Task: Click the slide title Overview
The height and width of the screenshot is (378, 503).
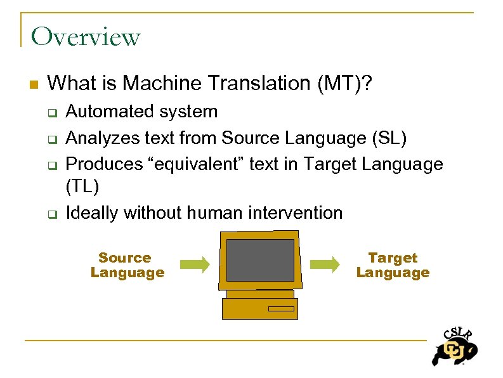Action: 85,37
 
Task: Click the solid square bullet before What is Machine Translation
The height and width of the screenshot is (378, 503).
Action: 34,84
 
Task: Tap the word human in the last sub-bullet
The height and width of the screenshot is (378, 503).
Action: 214,213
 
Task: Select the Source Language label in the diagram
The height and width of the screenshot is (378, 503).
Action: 127,265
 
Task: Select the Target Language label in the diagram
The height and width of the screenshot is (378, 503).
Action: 393,265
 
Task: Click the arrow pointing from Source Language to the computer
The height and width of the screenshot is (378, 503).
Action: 194,264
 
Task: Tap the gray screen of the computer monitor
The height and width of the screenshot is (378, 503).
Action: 260,260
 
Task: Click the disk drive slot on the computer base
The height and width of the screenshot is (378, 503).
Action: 281,309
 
